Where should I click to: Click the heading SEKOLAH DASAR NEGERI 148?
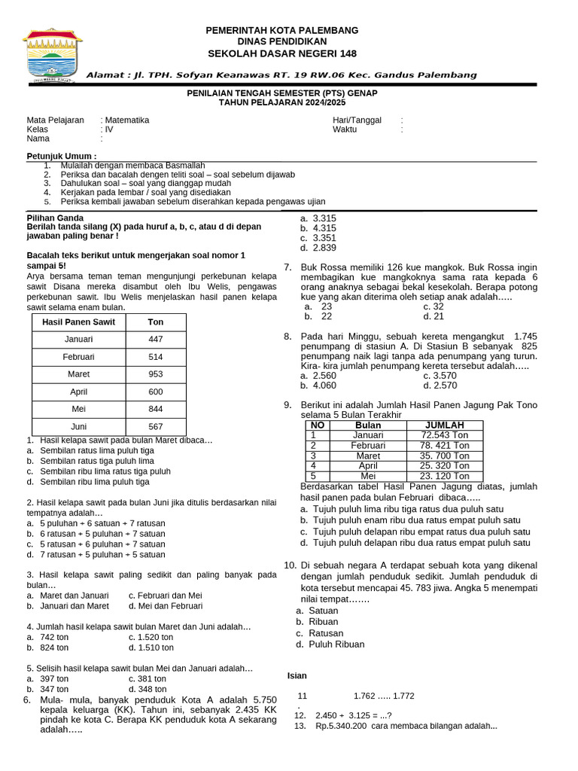pos(282,53)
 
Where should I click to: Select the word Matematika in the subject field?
pos(127,120)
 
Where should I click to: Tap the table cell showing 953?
pos(155,374)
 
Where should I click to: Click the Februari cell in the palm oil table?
pos(78,357)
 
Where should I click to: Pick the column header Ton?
pos(155,322)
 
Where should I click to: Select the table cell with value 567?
pos(155,426)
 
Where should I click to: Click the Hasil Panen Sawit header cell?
pos(78,322)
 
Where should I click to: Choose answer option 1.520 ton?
pos(151,636)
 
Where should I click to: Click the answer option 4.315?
pos(324,228)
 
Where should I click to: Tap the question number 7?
pos(287,267)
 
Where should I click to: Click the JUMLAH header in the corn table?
pos(445,425)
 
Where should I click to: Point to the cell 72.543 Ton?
pos(445,435)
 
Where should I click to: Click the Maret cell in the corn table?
pos(368,456)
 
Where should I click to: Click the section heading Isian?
pos(297,675)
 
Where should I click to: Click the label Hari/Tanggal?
pos(357,120)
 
